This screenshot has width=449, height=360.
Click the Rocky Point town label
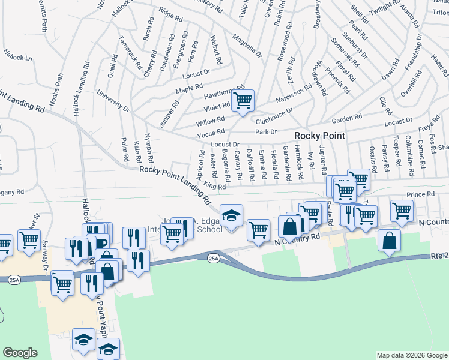319,136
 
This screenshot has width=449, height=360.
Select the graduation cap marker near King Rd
230,215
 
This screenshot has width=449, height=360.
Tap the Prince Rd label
420,194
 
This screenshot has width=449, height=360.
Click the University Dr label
113,101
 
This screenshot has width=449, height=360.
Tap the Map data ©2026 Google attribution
412,355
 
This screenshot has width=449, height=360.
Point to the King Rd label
214,186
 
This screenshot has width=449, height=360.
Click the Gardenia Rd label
287,166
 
